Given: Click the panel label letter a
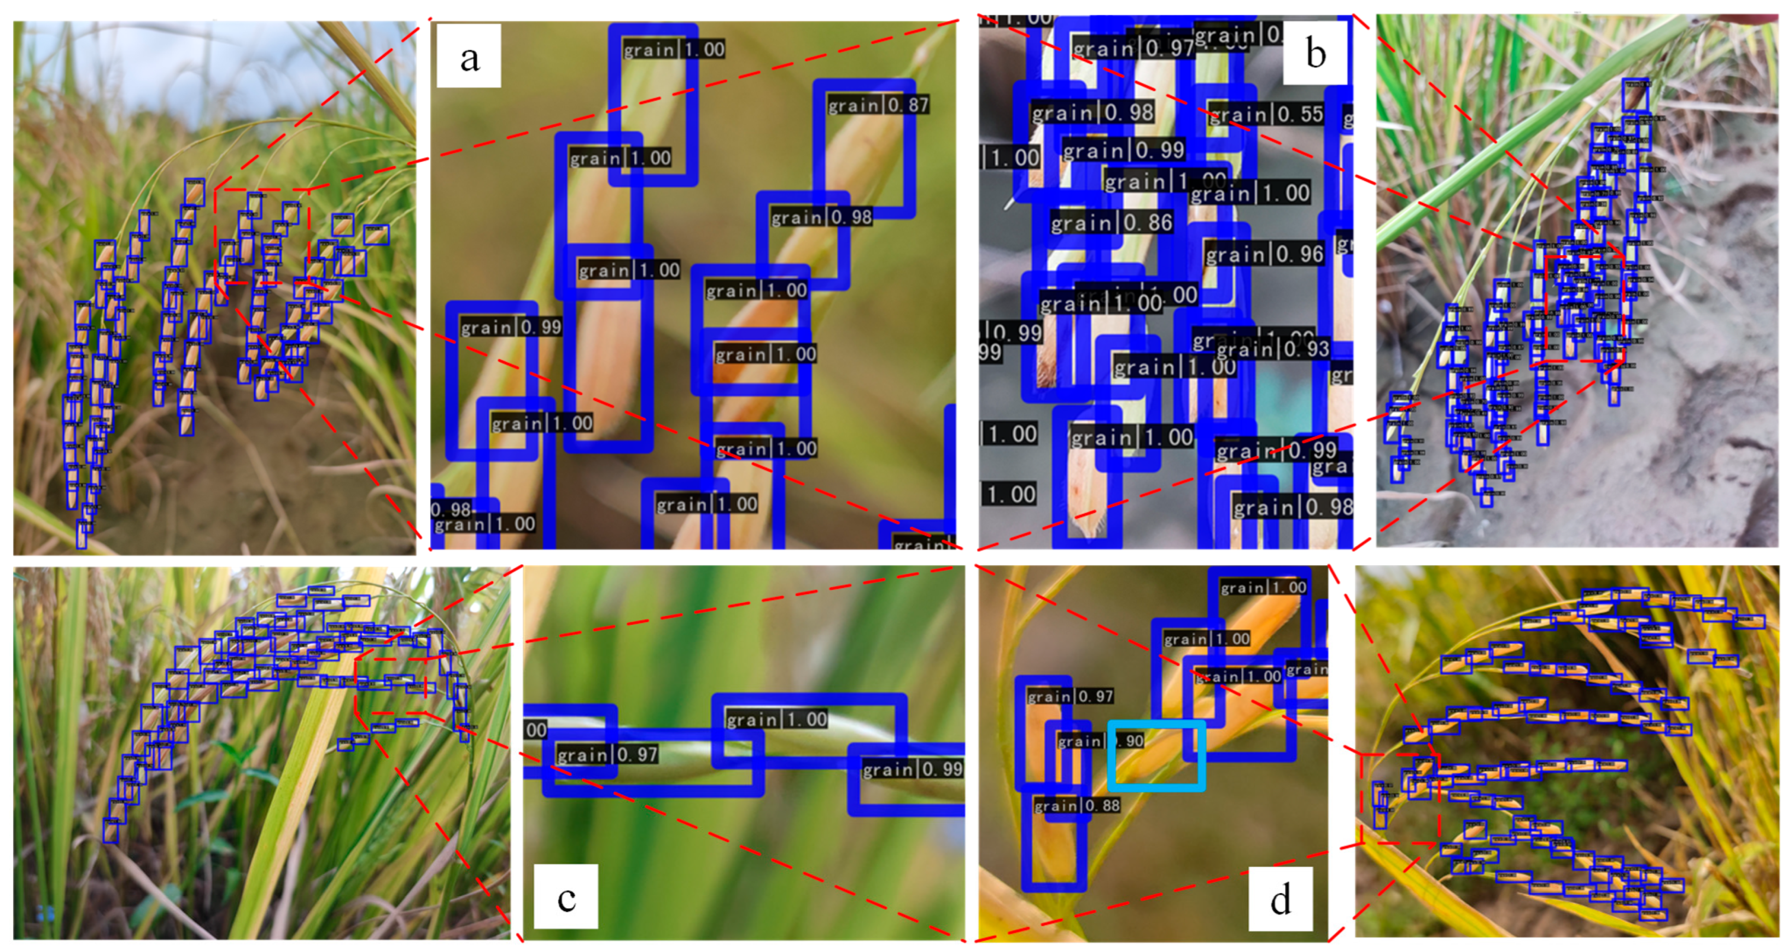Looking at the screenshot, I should coord(469,56).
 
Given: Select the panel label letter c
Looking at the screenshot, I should coord(566,898).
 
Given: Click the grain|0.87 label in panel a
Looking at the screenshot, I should coord(878,105).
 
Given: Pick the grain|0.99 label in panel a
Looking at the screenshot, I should coord(511,327).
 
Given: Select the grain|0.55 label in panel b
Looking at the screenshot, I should coord(1266,114).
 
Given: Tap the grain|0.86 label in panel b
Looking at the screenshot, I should coord(1111,223).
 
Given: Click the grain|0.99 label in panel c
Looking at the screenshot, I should coord(912,769).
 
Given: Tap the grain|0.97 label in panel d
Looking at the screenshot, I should coord(1070,696).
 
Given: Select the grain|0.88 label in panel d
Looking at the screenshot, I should coord(1077,806).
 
